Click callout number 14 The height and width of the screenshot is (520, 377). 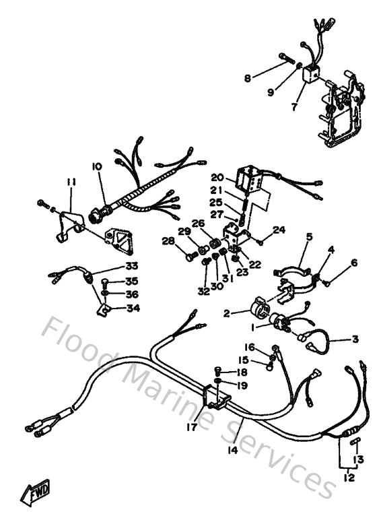click(x=232, y=450)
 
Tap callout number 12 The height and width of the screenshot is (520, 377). click(x=348, y=478)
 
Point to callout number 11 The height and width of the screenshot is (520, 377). click(x=71, y=181)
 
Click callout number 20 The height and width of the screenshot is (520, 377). click(x=216, y=177)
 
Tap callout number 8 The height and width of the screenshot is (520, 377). click(x=248, y=79)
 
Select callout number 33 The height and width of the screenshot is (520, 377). click(x=131, y=265)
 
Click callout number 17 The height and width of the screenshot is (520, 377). click(x=192, y=426)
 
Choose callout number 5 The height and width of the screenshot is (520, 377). click(x=309, y=236)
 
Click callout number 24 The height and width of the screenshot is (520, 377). click(x=279, y=230)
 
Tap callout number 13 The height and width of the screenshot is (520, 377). click(x=359, y=459)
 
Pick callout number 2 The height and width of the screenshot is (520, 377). click(x=227, y=313)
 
